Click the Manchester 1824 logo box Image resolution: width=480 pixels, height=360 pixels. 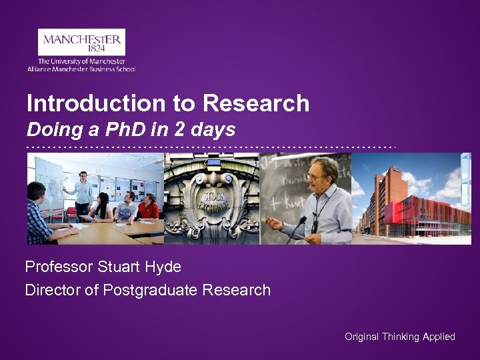coord(81,42)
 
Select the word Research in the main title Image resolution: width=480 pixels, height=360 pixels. coord(256,103)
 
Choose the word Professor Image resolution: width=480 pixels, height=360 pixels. coord(59,267)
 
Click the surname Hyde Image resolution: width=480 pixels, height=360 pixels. coord(163,267)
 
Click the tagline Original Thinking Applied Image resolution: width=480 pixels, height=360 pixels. coord(399,337)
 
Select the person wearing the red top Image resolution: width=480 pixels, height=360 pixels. coord(147,207)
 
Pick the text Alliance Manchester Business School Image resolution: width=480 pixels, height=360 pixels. coord(81,69)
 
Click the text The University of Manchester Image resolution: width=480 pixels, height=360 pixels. coord(81,61)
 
